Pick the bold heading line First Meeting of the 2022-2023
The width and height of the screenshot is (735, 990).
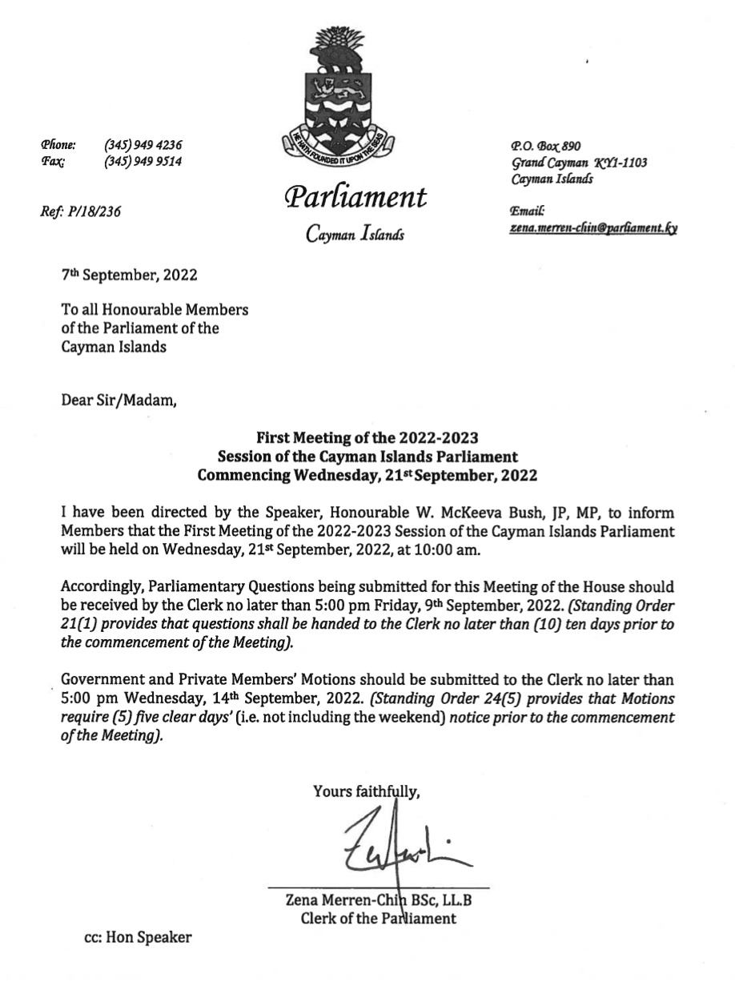point(367,438)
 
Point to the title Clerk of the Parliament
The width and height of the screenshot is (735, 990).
point(378,918)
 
